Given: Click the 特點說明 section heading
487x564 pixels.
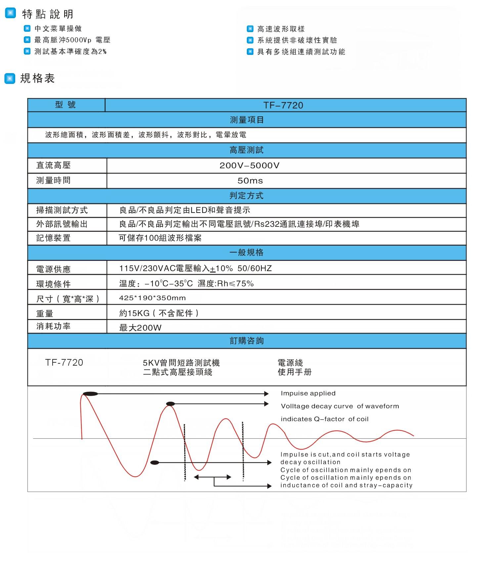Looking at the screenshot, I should click(48, 14).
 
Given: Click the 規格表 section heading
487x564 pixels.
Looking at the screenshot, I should click(37, 78).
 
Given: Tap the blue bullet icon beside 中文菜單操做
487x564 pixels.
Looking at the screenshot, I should click(27, 28).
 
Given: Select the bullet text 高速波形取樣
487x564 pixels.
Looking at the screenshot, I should click(281, 29).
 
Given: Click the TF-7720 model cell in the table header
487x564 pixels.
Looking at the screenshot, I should click(283, 105).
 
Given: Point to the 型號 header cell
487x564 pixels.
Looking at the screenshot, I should click(66, 105).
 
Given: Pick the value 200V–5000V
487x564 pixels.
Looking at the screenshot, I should click(249, 166).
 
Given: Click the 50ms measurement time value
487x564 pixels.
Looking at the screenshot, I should click(250, 181).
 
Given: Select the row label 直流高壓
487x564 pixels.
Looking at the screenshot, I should click(53, 165).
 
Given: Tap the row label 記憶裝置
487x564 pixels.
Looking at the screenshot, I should click(53, 238).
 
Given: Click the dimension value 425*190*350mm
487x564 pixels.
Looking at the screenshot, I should click(153, 298).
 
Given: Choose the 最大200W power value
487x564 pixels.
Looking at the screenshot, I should click(140, 328).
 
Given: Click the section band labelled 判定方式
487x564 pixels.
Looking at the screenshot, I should click(246, 196).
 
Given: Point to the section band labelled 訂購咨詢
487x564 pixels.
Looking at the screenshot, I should click(246, 341).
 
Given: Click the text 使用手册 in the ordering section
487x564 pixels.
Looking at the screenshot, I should click(294, 372).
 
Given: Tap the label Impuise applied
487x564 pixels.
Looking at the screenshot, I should click(308, 393).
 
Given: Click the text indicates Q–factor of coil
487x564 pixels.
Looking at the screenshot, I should click(324, 419).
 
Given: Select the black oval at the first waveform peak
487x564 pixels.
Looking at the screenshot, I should click(90, 394).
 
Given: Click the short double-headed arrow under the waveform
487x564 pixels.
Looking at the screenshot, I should click(212, 477).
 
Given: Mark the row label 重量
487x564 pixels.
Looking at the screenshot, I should click(45, 313).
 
